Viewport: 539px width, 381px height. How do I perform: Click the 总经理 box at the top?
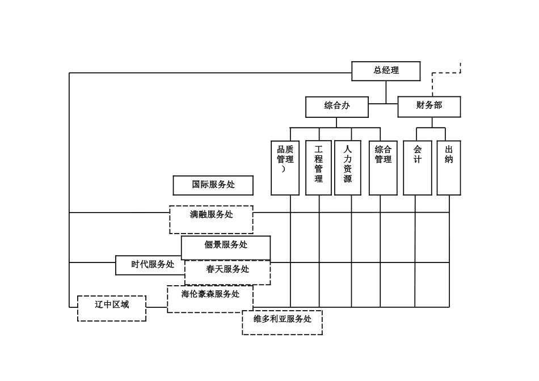coord(386,71)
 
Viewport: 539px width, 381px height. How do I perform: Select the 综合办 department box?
coord(336,107)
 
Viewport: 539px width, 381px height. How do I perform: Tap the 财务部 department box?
coord(428,107)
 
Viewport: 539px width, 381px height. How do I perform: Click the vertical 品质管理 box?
coord(285,168)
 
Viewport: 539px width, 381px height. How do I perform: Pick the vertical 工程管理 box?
coord(318,168)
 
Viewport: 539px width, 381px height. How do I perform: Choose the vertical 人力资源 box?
coord(347,168)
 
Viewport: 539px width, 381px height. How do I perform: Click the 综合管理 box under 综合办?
coord(383,168)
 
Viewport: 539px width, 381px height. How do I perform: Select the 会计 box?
coord(417,168)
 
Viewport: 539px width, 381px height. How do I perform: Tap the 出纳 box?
coord(448,168)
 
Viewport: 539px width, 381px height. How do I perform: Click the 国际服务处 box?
coord(213,185)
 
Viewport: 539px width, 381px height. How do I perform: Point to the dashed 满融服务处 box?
coord(211,219)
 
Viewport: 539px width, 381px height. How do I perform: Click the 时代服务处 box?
coord(150,265)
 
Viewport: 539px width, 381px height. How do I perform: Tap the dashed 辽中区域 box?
coord(111,308)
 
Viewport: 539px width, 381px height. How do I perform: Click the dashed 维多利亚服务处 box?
coord(282,322)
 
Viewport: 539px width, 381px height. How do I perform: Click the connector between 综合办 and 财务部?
coord(383,104)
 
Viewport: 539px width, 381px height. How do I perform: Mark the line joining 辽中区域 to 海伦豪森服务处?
coord(157,307)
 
